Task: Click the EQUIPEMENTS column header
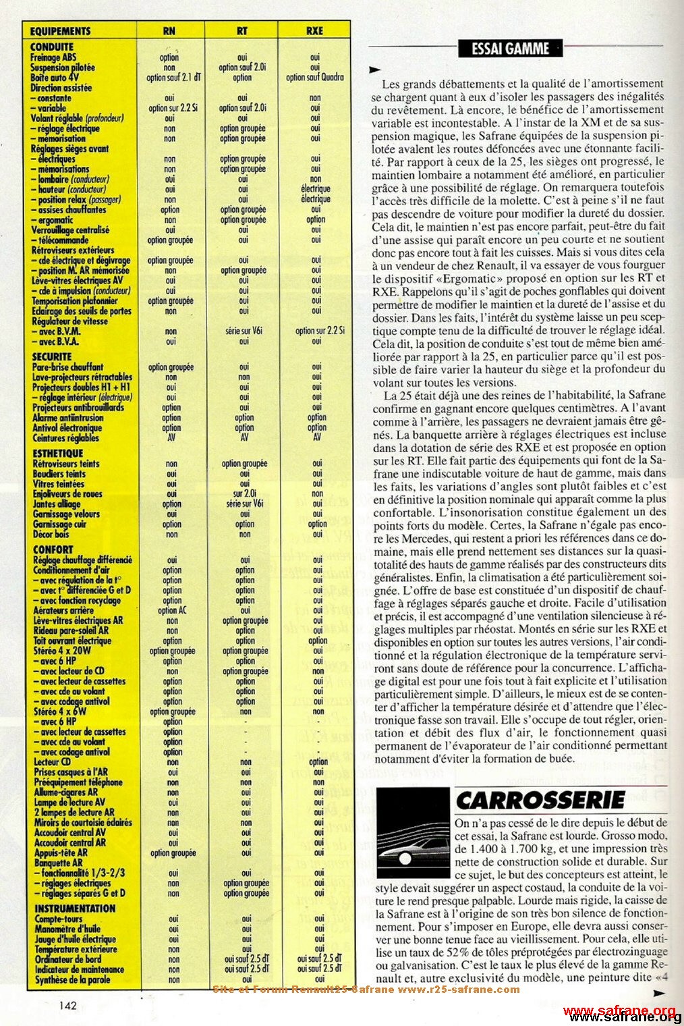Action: pos(60,30)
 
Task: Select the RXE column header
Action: pos(314,30)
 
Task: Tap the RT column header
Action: pos(243,30)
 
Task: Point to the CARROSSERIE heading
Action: pos(540,801)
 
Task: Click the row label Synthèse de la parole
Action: pos(69,979)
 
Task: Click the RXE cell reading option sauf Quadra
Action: pos(314,78)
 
